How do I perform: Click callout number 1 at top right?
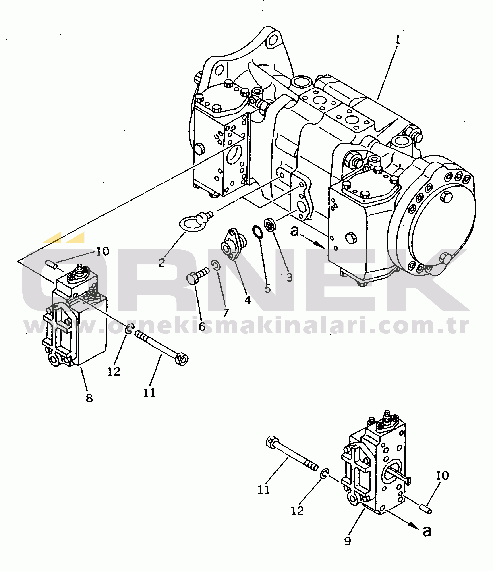click(x=397, y=40)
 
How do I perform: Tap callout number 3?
click(x=289, y=277)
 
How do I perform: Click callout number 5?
click(x=268, y=289)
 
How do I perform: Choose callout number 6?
click(x=202, y=327)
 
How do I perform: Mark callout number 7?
click(x=226, y=313)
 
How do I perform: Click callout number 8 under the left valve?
click(x=89, y=398)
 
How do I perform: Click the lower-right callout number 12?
click(x=297, y=511)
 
